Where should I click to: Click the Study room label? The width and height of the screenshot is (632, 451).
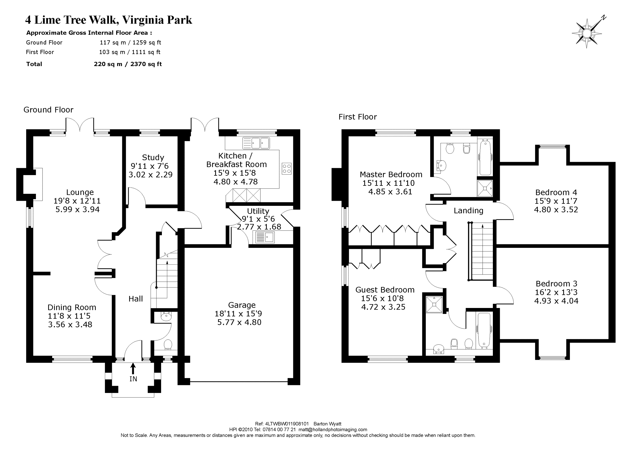[x=153, y=157]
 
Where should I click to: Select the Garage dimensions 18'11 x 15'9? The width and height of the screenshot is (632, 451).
[x=238, y=314]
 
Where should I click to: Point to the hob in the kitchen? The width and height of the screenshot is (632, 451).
[x=287, y=168]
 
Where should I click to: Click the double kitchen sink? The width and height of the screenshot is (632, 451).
[x=256, y=143]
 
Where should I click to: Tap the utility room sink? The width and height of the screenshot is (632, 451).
[x=265, y=237]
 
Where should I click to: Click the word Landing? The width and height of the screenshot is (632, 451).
[x=468, y=211]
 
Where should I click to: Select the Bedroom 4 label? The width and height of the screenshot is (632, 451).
[x=556, y=192]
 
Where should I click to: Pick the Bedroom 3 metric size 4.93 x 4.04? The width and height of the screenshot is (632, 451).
[x=556, y=301]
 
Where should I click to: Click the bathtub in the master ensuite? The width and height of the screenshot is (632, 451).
[x=485, y=157]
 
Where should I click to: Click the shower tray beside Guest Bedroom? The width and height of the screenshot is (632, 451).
[x=434, y=305]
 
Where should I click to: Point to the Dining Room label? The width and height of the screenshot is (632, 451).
[x=72, y=307]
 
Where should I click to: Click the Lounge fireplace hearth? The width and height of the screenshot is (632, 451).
[x=38, y=184]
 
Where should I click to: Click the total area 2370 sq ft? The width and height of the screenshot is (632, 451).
[x=146, y=64]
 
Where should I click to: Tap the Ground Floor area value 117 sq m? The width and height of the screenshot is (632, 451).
[x=113, y=43]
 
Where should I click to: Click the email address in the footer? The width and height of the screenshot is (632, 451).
[x=333, y=429]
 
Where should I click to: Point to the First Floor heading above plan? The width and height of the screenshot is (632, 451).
[x=357, y=117]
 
